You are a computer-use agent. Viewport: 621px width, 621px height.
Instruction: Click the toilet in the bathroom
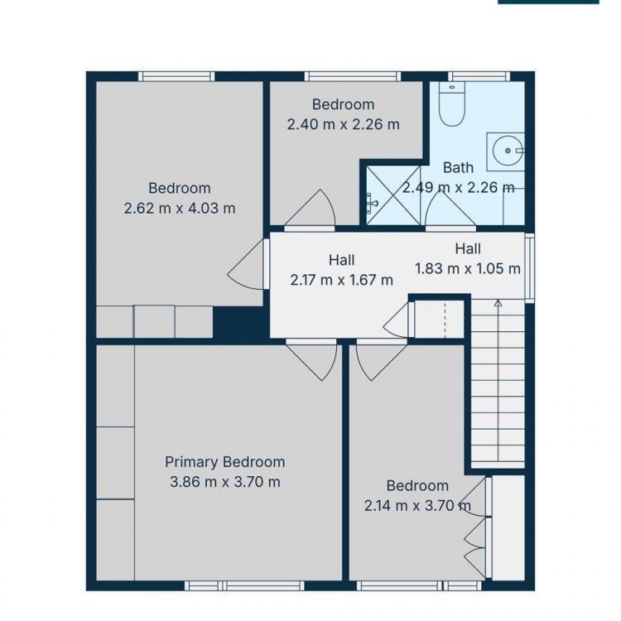451,104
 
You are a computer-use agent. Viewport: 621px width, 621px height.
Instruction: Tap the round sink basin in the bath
508,151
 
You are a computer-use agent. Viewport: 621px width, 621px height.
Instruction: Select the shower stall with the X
392,195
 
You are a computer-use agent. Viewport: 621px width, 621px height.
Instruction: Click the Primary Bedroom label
225,462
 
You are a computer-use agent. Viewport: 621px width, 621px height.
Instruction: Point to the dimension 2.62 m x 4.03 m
180,208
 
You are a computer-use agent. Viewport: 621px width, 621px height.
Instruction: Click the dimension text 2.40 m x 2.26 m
344,124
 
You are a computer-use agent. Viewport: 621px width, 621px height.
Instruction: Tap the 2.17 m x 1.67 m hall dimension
342,280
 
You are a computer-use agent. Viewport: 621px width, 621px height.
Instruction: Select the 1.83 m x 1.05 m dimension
468,268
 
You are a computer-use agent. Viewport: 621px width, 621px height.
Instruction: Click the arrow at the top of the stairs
498,303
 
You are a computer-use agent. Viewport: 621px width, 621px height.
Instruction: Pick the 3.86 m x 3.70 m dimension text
225,482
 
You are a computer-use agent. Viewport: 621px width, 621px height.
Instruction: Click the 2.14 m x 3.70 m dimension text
417,505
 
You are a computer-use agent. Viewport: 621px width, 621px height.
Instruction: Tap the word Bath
458,167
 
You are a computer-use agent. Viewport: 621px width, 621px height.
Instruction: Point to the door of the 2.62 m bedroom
246,265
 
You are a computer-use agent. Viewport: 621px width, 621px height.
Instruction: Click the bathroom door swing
450,209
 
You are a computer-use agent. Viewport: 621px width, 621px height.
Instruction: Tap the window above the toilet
479,76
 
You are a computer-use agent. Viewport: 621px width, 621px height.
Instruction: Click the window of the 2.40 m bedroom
353,76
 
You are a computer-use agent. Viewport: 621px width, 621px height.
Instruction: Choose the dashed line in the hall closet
445,320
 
